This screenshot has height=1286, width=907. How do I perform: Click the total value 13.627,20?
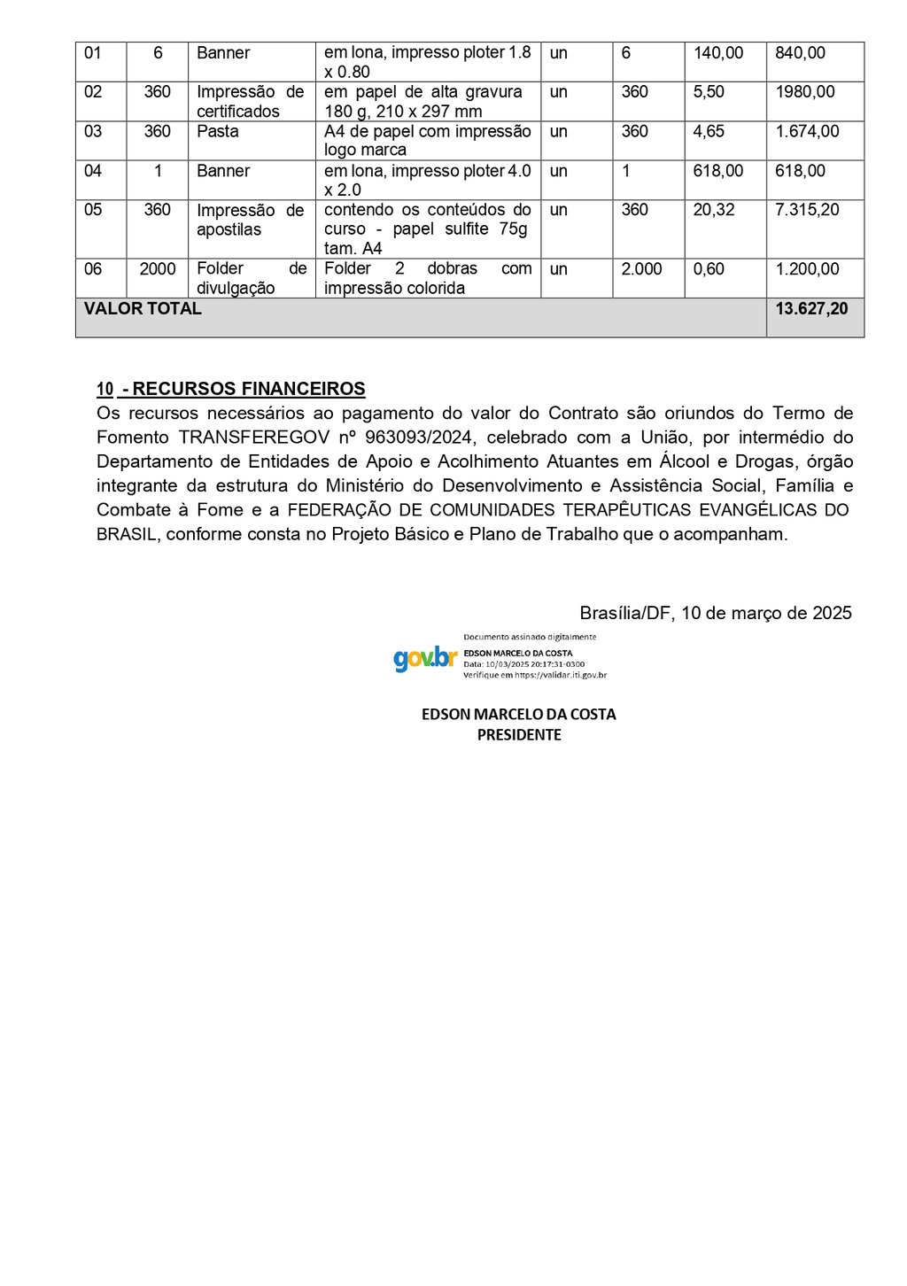[811, 309]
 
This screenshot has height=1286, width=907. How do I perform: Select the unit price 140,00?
[718, 53]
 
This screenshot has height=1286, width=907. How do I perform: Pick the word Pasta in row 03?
[218, 131]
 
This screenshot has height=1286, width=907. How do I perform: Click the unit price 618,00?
[718, 171]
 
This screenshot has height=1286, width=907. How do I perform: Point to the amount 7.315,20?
[807, 210]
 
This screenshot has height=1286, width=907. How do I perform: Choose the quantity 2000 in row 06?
[158, 269]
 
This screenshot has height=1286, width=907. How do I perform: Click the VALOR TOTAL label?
[143, 309]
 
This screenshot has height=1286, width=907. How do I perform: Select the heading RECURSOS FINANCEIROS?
[249, 389]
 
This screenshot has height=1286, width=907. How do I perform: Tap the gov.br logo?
[425, 658]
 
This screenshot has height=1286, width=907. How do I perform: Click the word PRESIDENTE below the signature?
[519, 735]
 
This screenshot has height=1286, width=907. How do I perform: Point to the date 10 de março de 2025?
[766, 613]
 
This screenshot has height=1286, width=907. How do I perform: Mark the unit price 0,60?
[709, 269]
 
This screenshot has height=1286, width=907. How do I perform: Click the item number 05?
[93, 210]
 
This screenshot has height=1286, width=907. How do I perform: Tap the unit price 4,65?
[709, 131]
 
